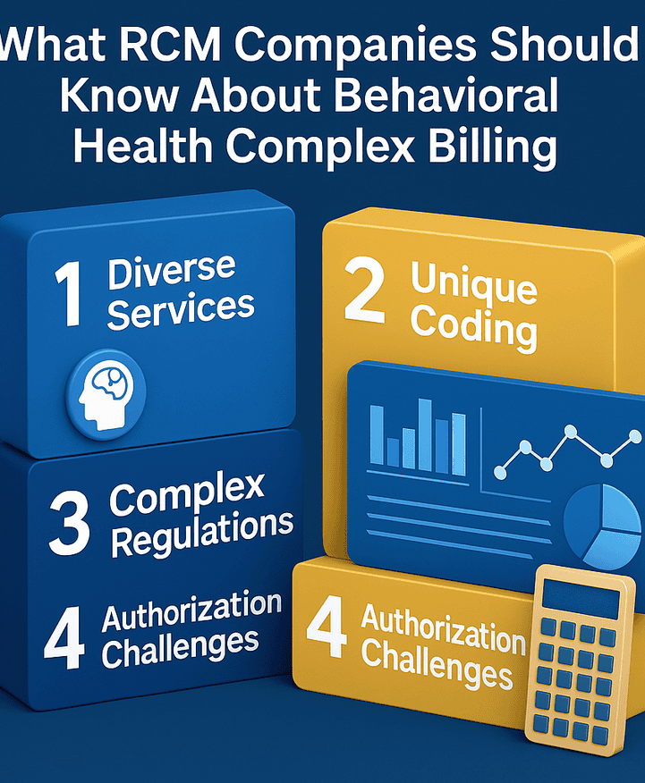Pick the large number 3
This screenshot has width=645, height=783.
69,522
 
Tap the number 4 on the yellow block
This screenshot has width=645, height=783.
327,627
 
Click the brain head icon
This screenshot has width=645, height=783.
106,394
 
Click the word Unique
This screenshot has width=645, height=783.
473,284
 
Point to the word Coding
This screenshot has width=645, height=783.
473,327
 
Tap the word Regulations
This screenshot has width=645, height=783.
202,533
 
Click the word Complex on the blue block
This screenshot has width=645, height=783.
187,494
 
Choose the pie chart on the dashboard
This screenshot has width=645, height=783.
602,526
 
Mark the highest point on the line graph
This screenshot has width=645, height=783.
570,430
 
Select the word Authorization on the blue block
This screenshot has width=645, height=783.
191,610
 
